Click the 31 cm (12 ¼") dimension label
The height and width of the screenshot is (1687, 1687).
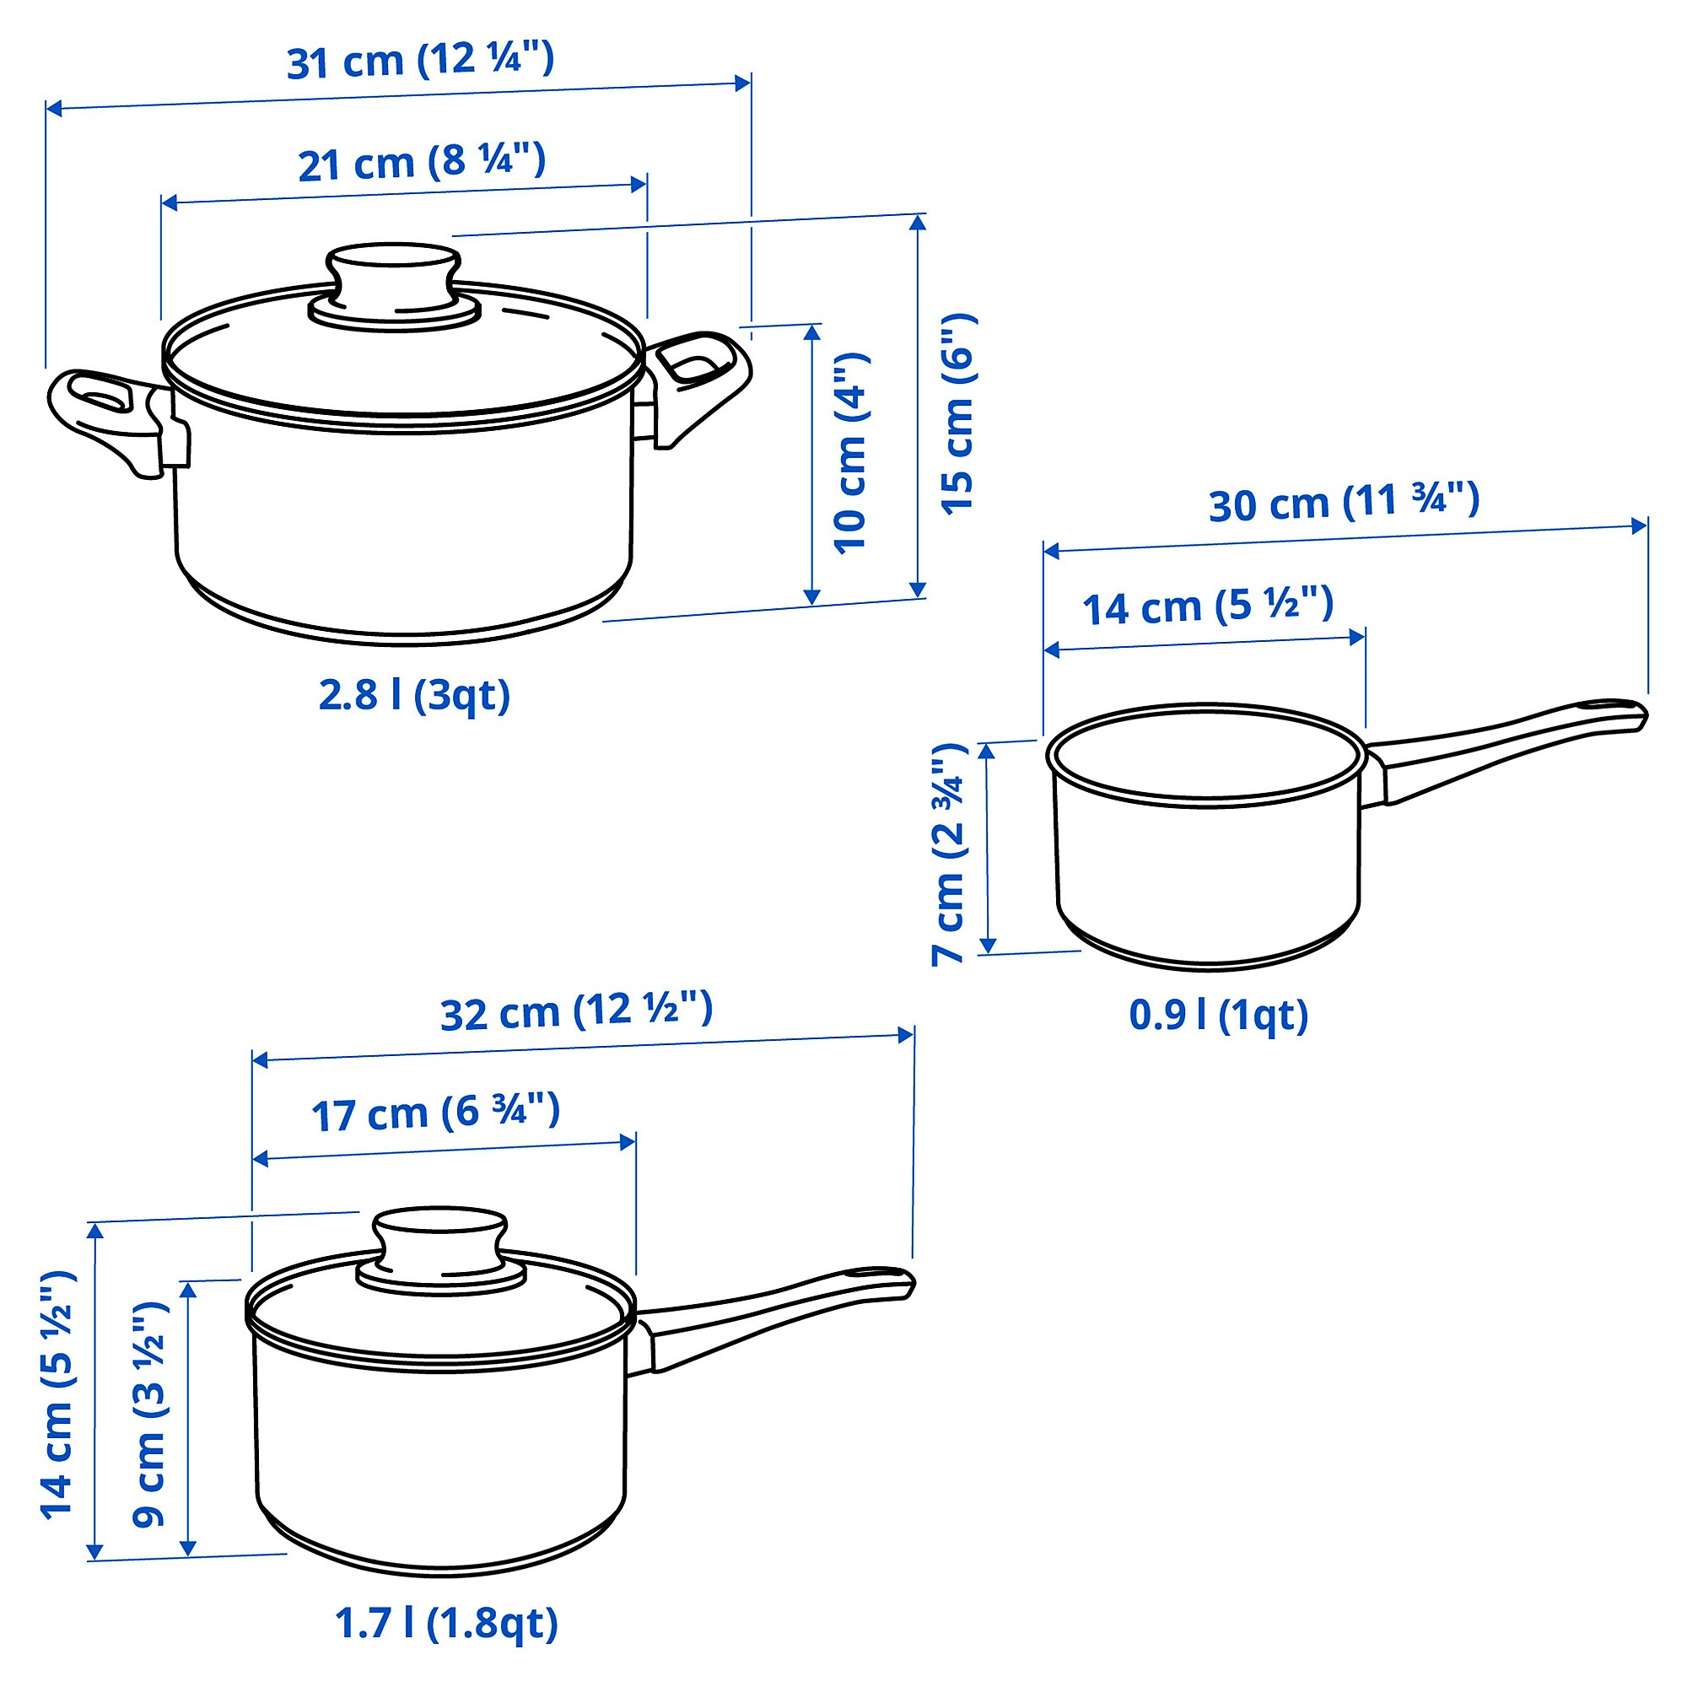[421, 60]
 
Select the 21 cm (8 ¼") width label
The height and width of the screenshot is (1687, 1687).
[422, 164]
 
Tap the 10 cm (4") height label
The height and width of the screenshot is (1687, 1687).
[849, 453]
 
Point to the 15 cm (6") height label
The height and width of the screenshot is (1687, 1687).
[958, 412]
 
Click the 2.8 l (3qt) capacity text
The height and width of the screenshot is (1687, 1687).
[414, 696]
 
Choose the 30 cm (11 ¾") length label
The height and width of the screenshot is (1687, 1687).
[1344, 503]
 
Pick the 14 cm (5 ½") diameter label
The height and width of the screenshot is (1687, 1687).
[1209, 606]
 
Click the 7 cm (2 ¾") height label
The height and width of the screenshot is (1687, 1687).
[947, 854]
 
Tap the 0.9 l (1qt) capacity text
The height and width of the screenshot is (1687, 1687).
[1218, 1016]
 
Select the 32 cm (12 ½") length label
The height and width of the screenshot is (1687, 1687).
[576, 1013]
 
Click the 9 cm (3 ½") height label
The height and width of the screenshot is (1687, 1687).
[148, 1414]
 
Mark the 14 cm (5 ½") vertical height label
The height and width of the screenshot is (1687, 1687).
[57, 1395]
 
